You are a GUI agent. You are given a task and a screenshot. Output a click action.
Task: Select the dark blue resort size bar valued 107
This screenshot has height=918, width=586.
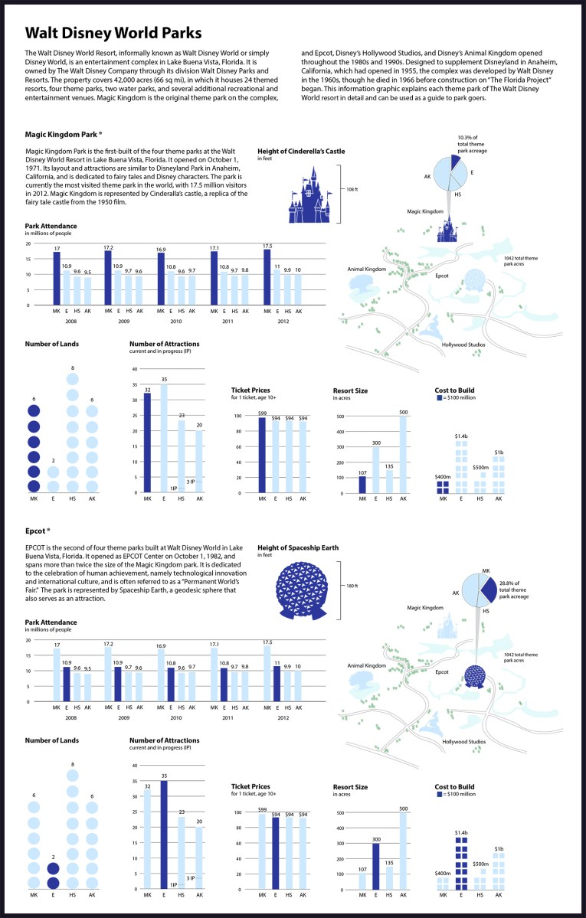[x=362, y=484]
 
